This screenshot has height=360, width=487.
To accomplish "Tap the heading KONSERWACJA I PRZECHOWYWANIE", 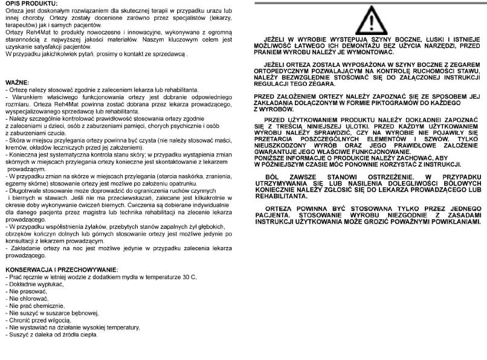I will point(61,269).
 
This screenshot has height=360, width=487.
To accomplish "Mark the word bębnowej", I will point(83,313).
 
